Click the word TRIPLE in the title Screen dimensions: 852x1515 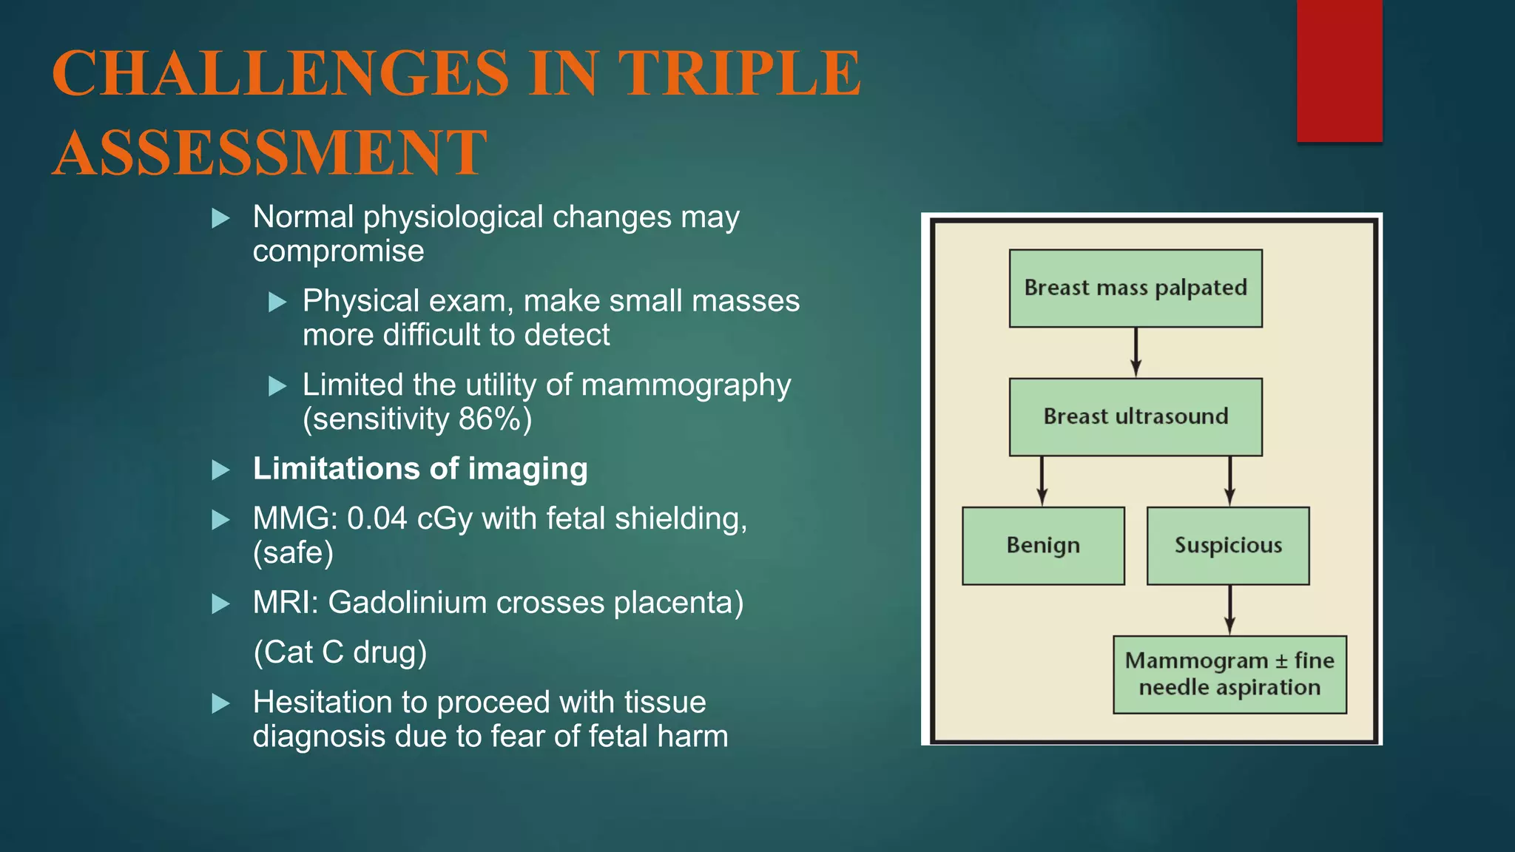pyautogui.click(x=740, y=73)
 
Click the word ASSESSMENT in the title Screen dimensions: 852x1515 pyautogui.click(x=270, y=153)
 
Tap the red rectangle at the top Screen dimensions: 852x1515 pyautogui.click(x=1339, y=70)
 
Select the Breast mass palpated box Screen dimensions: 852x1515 pyautogui.click(x=1136, y=288)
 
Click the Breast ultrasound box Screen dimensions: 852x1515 pyautogui.click(x=1136, y=416)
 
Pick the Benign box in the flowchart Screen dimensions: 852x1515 pyautogui.click(x=1043, y=546)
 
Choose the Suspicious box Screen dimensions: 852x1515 pyautogui.click(x=1228, y=546)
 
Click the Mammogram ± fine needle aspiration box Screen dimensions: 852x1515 pyautogui.click(x=1229, y=674)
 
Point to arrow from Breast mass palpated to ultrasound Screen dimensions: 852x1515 pyautogui.click(x=1136, y=353)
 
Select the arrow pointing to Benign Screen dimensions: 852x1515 pyautogui.click(x=1042, y=481)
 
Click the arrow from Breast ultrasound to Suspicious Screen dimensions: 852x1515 pyautogui.click(x=1229, y=481)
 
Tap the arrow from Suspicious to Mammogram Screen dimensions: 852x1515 pyautogui.click(x=1229, y=609)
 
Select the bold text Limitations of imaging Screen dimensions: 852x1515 pyautogui.click(x=420, y=469)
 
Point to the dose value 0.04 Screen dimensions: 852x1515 pyautogui.click(x=377, y=518)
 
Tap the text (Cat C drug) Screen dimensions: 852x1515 pyautogui.click(x=340, y=652)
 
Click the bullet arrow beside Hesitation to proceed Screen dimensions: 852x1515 pyautogui.click(x=220, y=703)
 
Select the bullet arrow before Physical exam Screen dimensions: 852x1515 pyautogui.click(x=277, y=302)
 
